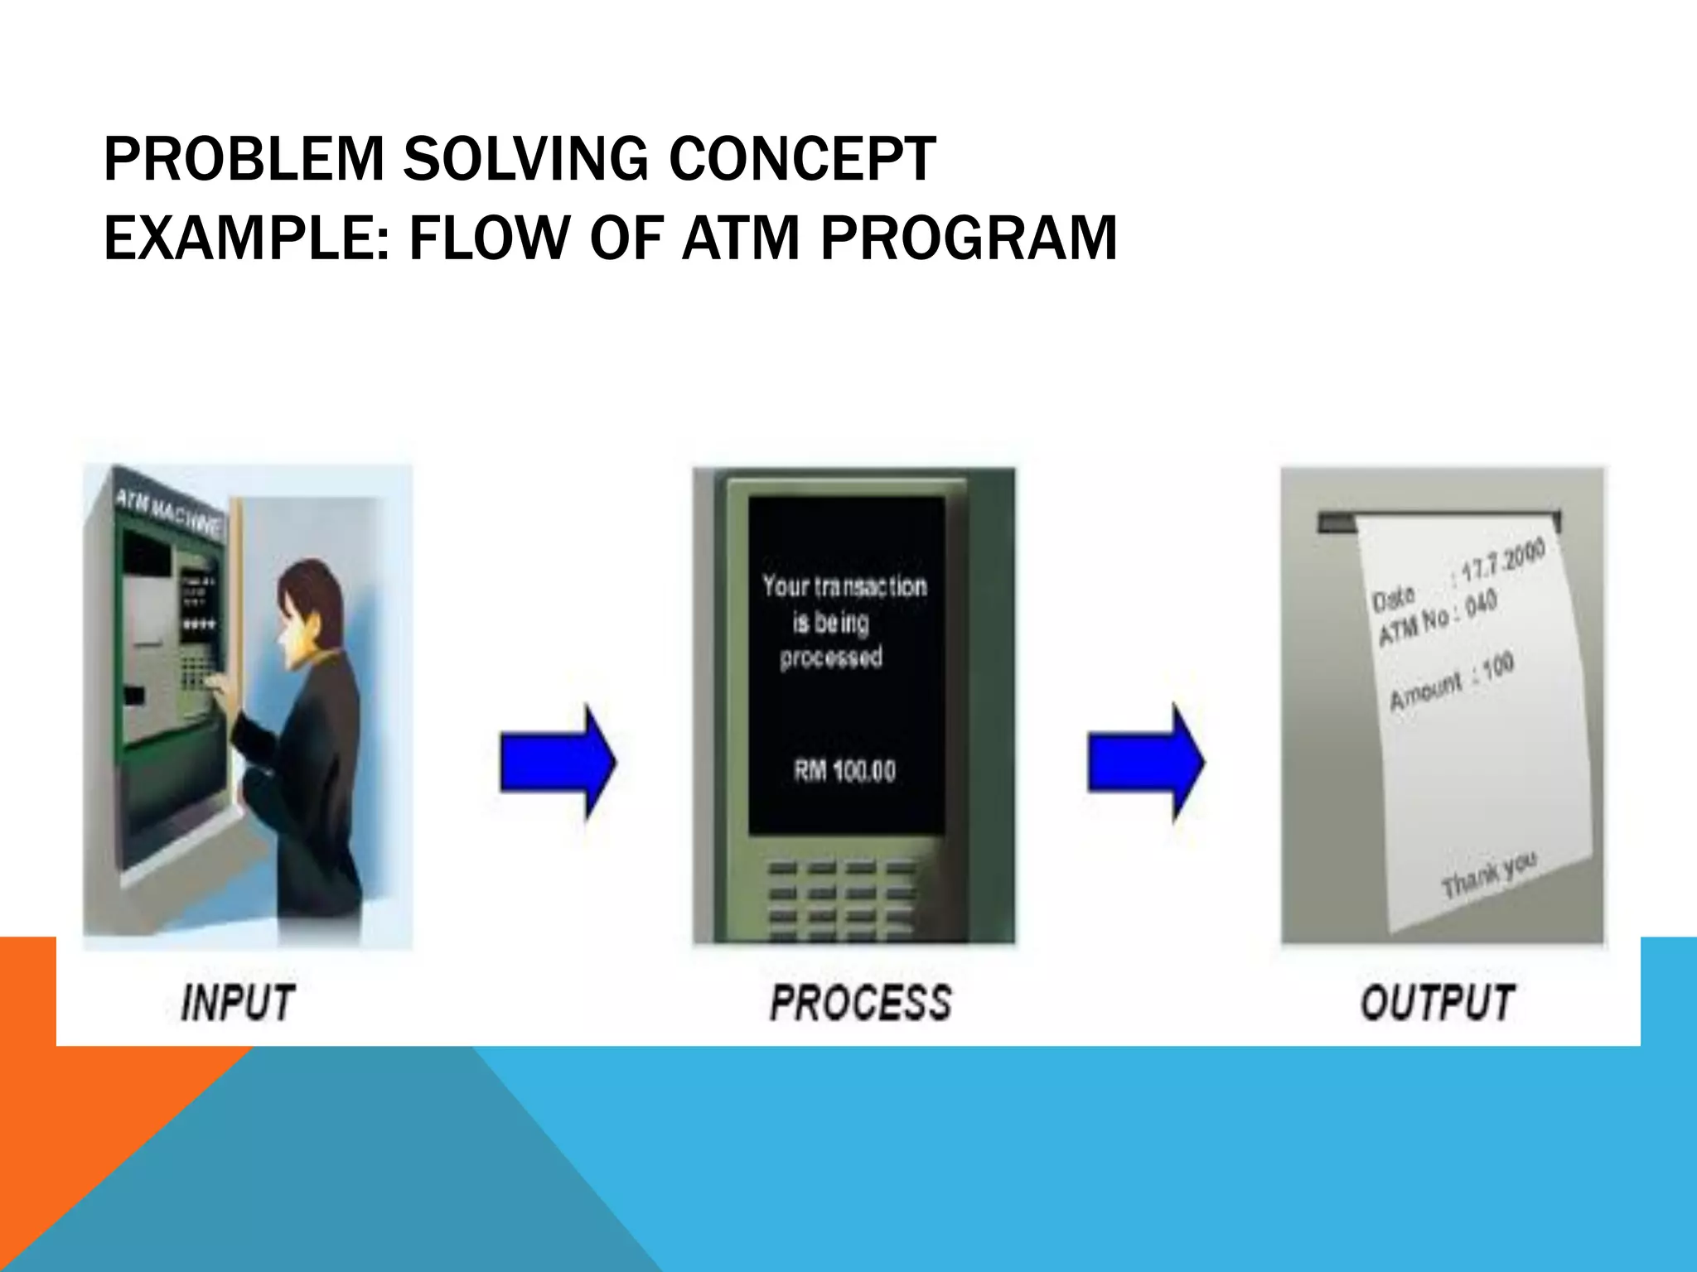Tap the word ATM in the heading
pos(740,238)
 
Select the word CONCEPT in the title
pos(802,159)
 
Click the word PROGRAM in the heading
pos(969,238)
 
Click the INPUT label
pos(238,1003)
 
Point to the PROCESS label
pos(861,1003)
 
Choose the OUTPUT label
pos(1438,1003)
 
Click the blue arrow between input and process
pos(558,763)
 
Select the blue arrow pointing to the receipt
pos(1146,763)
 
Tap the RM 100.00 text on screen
pos(844,771)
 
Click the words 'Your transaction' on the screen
pos(844,586)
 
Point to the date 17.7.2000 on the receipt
pos(1501,560)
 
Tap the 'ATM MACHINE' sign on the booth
pos(168,511)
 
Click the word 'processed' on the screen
pos(831,658)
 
